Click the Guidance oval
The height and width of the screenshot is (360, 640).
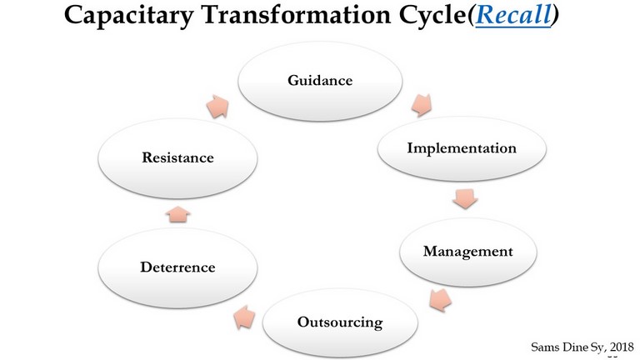(320, 81)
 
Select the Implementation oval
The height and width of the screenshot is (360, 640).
(462, 148)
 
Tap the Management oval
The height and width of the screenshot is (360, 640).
(467, 252)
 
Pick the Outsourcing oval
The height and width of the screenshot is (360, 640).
(340, 322)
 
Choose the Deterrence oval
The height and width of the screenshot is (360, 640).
(177, 267)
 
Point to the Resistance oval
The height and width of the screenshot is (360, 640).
(177, 158)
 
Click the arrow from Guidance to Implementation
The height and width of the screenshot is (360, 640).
(422, 105)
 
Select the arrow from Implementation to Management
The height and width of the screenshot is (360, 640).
(465, 199)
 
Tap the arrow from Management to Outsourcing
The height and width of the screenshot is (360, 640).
(441, 300)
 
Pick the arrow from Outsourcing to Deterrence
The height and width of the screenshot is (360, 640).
(244, 317)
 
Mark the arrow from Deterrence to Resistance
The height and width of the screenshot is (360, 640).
(178, 214)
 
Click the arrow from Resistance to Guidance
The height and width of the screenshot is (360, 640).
(217, 107)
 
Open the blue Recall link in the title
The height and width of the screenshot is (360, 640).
(513, 15)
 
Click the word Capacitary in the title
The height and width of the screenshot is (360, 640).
(128, 16)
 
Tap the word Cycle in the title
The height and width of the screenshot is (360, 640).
(432, 16)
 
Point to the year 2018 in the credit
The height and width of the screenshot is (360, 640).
(622, 347)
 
